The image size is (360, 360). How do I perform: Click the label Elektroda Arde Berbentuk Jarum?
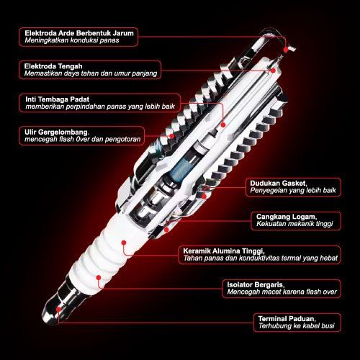tap(79, 33)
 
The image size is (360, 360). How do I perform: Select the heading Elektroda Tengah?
tap(53, 66)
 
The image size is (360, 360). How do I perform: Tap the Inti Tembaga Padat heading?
tap(58, 99)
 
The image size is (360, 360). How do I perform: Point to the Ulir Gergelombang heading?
tap(57, 132)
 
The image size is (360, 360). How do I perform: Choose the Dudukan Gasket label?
tap(279, 184)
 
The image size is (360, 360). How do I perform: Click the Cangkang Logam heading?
tap(287, 217)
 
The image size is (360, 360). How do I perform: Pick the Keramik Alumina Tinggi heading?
tap(224, 251)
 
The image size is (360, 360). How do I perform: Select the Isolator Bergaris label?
tap(256, 285)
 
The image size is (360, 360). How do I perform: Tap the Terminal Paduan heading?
tap(287, 319)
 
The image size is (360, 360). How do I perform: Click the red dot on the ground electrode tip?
tap(286, 50)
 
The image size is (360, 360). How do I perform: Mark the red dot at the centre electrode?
tap(273, 71)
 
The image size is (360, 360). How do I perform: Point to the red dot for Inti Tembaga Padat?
tap(223, 125)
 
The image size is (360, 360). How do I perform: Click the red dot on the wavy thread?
tap(172, 136)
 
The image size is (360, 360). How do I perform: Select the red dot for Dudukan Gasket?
tap(204, 197)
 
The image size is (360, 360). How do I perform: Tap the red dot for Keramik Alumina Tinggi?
tap(124, 243)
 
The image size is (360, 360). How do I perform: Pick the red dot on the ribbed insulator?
tap(98, 278)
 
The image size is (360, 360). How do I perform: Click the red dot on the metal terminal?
tap(58, 309)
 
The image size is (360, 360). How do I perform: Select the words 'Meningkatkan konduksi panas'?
tap(72, 40)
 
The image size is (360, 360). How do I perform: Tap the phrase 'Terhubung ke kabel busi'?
tap(297, 325)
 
